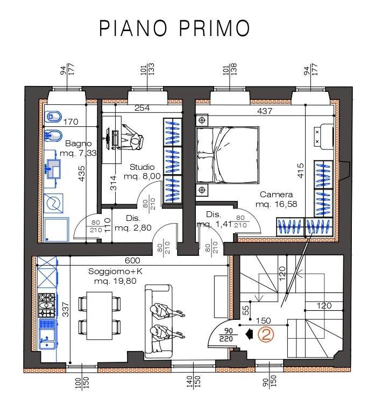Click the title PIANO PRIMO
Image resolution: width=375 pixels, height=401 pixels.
174,28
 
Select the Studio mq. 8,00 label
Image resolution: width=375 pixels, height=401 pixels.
142,171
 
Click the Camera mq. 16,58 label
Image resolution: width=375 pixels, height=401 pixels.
276,199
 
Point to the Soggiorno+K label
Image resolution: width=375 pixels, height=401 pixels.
115,271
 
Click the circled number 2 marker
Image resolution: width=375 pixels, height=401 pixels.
266,334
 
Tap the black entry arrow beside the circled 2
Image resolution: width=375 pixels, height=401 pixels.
249,334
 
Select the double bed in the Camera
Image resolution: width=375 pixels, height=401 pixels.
227,155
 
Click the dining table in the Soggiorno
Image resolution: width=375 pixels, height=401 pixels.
100,316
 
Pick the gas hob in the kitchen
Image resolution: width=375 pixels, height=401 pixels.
47,305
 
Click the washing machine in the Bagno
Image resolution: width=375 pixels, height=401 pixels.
53,203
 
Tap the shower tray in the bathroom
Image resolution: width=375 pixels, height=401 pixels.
56,230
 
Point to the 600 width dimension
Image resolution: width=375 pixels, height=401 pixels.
132,260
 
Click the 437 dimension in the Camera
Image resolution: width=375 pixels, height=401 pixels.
265,111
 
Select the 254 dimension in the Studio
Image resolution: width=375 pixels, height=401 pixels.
142,108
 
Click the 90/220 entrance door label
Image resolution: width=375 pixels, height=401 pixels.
226,335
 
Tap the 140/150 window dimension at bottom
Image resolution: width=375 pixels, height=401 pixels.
194,382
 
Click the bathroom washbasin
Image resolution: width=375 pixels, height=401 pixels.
53,169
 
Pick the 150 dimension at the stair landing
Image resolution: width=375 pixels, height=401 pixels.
264,321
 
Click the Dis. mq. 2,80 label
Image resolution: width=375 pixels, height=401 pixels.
133,223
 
